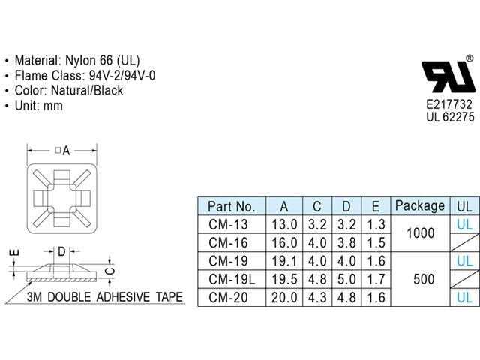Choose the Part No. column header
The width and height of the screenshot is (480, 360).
click(232, 207)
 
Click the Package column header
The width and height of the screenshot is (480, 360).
click(420, 205)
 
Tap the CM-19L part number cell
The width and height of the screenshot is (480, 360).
click(232, 279)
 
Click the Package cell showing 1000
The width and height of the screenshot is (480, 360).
click(420, 233)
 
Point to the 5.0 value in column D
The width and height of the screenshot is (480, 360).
click(346, 279)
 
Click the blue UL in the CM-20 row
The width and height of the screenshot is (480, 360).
click(464, 297)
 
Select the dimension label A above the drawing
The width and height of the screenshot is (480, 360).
click(66, 151)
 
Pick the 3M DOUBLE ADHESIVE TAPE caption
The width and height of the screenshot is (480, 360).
click(104, 297)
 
